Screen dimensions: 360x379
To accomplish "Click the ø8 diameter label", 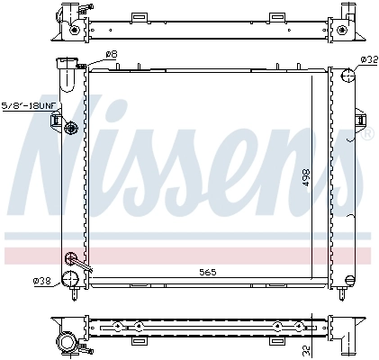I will pyautogui.click(x=112, y=55).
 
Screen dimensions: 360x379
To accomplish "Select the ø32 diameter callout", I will pyautogui.click(x=367, y=60).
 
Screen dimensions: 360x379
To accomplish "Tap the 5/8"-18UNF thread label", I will pyautogui.click(x=30, y=105).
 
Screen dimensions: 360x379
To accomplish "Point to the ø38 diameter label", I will pyautogui.click(x=41, y=282).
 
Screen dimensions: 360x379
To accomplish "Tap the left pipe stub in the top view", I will pyautogui.click(x=68, y=17).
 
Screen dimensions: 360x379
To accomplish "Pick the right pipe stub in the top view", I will pyautogui.click(x=345, y=17).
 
